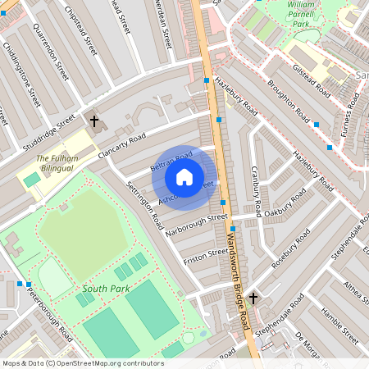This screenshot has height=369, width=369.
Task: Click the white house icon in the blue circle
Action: click(x=184, y=176)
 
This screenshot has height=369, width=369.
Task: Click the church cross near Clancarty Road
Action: click(x=94, y=121)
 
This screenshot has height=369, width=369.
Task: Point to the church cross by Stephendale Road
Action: click(x=253, y=298)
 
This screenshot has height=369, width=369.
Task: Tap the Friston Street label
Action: click(x=205, y=256)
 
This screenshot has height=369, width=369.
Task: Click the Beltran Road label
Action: click(x=171, y=162)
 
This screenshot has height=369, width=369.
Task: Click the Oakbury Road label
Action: click(x=285, y=212)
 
